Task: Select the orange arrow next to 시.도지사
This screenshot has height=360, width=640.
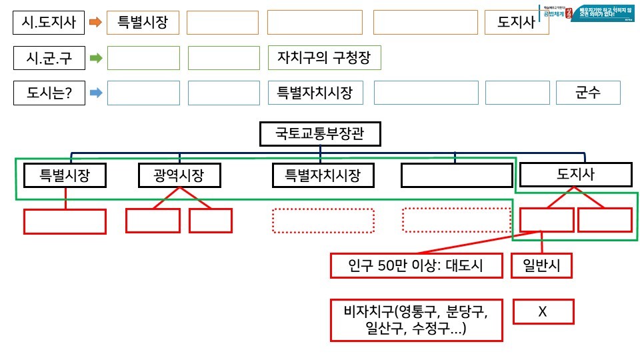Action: click(95, 22)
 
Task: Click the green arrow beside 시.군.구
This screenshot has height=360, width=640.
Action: click(95, 58)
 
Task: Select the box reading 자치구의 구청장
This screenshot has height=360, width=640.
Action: click(324, 58)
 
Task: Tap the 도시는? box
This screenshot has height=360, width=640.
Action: click(49, 93)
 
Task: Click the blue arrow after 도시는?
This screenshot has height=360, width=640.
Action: click(95, 93)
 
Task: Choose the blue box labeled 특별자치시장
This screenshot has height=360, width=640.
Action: click(315, 93)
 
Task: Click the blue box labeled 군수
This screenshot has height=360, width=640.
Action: click(588, 93)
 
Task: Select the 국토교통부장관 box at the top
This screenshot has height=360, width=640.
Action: click(320, 135)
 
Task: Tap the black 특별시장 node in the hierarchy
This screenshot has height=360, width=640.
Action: click(65, 175)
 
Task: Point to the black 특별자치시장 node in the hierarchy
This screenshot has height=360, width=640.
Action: click(323, 176)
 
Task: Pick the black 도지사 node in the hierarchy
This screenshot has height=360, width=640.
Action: click(575, 175)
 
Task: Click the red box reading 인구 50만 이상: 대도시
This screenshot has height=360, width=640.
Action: click(416, 266)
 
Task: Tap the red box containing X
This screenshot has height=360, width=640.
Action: click(542, 311)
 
